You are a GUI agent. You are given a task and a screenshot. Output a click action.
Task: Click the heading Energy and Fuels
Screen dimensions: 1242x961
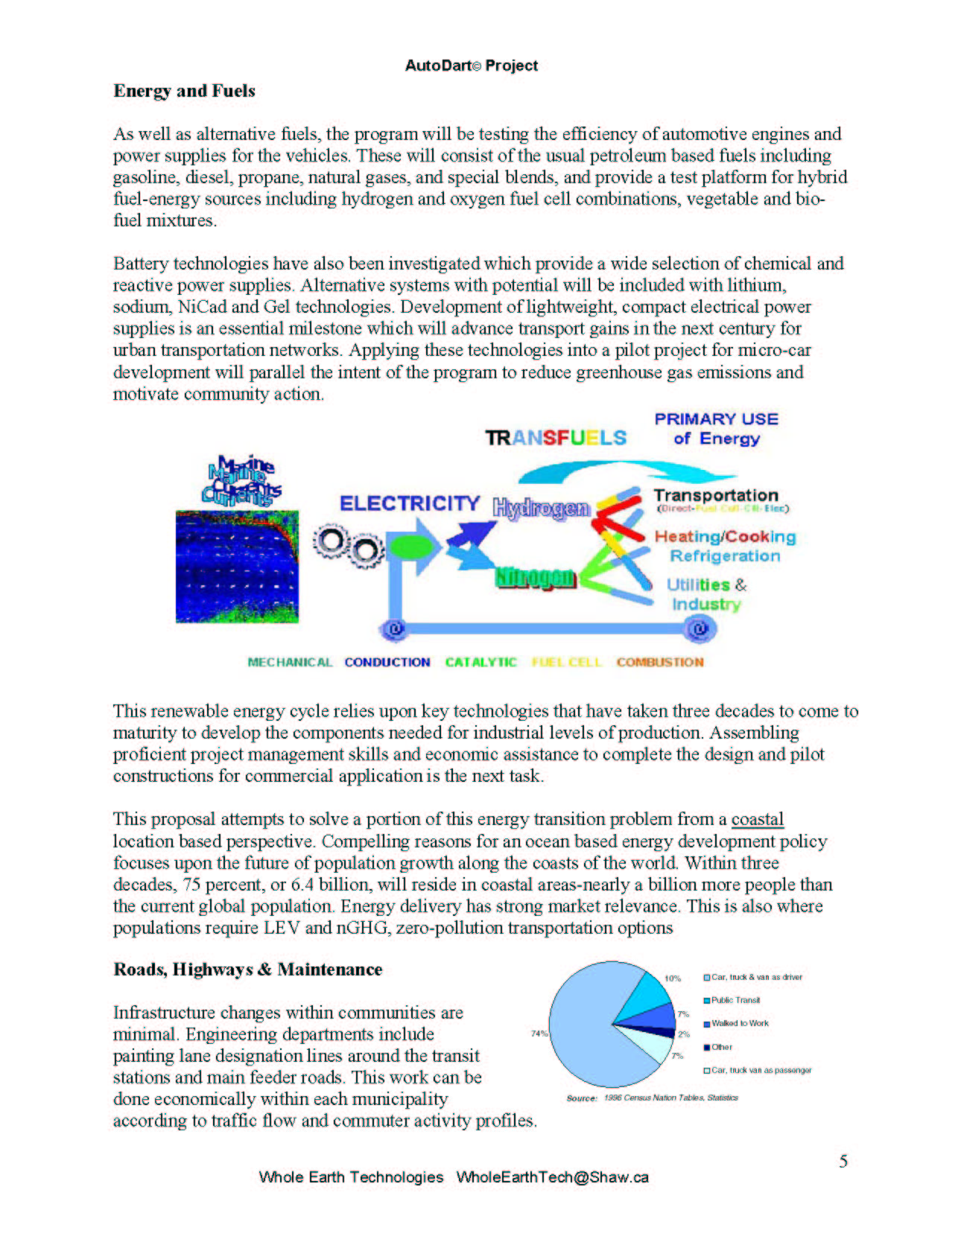[184, 91]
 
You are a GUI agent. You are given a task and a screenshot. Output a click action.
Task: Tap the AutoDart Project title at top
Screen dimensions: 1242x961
[471, 66]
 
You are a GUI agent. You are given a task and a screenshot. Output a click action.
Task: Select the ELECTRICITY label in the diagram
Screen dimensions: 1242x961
[409, 503]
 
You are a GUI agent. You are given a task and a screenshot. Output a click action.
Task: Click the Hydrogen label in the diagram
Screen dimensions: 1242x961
[542, 508]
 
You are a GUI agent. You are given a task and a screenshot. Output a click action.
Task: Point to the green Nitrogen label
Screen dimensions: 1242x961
[536, 577]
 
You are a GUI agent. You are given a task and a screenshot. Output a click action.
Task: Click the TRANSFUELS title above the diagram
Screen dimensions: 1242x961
[556, 438]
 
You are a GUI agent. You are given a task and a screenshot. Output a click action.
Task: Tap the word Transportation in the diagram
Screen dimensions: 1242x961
[715, 495]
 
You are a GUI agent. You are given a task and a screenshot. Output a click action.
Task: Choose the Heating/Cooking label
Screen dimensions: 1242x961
[725, 536]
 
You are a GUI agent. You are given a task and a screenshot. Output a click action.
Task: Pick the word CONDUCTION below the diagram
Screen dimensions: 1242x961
[387, 662]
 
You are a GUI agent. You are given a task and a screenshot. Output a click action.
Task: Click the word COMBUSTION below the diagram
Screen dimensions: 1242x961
[659, 662]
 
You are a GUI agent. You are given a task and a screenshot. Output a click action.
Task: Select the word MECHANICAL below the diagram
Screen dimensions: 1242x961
[290, 662]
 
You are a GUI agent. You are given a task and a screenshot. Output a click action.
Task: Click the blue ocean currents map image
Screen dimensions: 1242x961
[237, 566]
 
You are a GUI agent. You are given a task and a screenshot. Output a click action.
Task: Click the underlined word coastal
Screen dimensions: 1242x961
[757, 819]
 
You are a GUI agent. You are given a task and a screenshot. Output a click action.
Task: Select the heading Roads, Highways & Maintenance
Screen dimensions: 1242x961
[247, 969]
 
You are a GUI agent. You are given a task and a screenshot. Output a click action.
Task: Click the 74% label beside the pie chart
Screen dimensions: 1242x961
[539, 1034]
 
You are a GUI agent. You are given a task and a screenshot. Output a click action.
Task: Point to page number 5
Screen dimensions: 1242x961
[843, 1161]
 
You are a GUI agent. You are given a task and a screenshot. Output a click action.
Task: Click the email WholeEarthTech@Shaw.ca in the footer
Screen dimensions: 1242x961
[552, 1177]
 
